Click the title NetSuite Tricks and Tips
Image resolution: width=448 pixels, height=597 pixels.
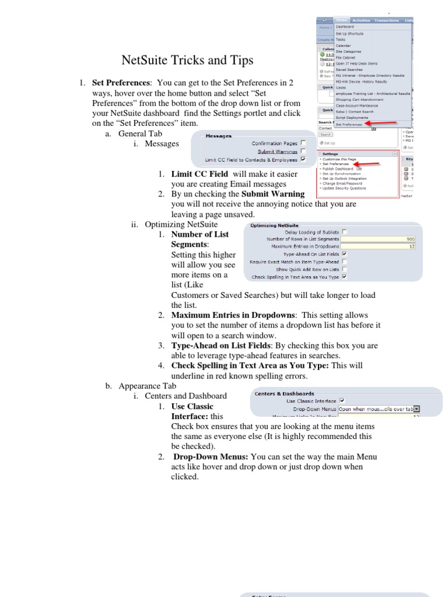click(x=179, y=61)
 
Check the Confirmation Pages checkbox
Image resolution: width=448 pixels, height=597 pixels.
click(x=303, y=143)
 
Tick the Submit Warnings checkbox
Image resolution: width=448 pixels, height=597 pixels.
click(x=303, y=151)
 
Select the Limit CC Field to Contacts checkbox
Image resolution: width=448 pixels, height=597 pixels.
click(x=303, y=159)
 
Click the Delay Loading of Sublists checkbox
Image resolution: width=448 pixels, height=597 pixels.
click(x=344, y=231)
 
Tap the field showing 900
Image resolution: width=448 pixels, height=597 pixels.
click(x=379, y=239)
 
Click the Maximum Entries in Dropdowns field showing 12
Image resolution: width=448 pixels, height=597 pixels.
click(x=379, y=247)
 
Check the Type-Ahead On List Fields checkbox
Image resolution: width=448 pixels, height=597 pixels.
click(x=344, y=254)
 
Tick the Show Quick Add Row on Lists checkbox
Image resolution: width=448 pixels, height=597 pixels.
click(x=344, y=269)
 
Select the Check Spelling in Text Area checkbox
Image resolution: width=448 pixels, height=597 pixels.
click(x=344, y=277)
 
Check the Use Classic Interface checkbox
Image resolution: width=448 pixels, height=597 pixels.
click(x=342, y=401)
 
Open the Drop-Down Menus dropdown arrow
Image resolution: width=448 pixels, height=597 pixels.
click(x=416, y=409)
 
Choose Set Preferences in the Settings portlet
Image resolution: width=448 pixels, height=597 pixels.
click(x=335, y=164)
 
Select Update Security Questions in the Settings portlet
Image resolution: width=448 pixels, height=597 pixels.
click(x=344, y=188)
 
